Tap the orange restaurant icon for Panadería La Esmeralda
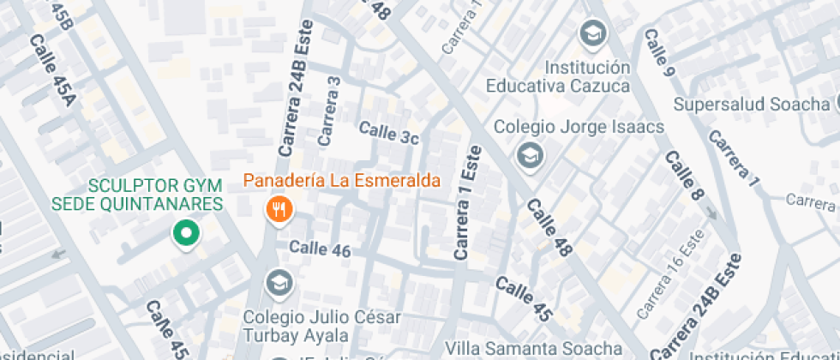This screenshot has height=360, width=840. click(x=278, y=208)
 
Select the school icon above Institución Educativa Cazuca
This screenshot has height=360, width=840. click(x=591, y=34)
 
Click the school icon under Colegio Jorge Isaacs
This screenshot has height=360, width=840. click(x=530, y=156)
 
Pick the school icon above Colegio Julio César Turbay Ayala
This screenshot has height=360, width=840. click(x=278, y=280)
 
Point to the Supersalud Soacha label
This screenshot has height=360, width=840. click(x=752, y=105)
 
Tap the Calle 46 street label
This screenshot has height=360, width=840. click(x=320, y=249)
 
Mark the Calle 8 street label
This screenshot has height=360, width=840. click(x=684, y=176)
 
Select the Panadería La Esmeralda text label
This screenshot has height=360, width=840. click(x=342, y=181)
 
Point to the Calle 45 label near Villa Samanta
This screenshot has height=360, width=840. click(x=522, y=298)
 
